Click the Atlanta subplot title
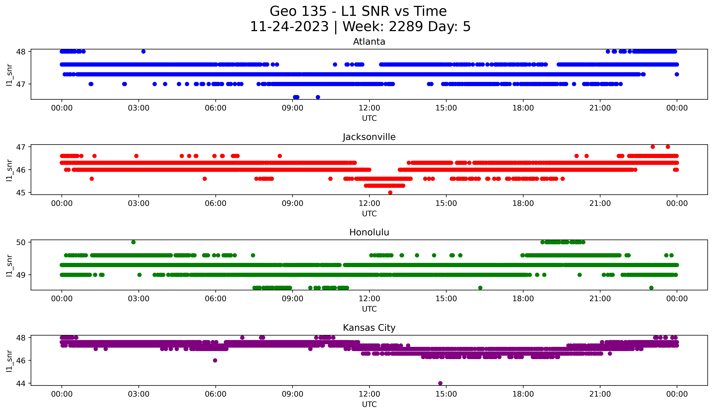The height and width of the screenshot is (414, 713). [369, 42]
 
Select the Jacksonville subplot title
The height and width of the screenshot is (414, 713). [369, 137]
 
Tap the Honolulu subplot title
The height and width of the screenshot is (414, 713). [369, 232]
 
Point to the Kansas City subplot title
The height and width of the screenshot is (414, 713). [369, 328]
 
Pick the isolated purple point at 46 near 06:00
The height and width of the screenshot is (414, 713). [215, 360]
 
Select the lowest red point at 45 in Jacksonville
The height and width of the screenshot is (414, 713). [390, 192]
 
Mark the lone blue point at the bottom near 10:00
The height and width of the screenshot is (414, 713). [318, 97]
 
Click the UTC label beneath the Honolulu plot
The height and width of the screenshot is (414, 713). [369, 309]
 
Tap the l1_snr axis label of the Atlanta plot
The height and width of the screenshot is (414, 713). [9, 75]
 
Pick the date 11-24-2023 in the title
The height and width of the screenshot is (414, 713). [289, 27]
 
